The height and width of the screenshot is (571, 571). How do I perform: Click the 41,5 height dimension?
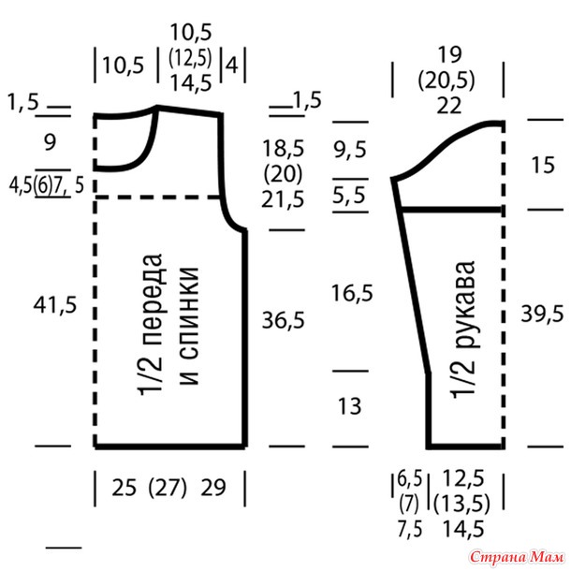[55, 305]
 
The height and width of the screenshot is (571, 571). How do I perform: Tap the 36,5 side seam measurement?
[284, 321]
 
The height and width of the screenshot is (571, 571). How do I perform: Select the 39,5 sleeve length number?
[542, 314]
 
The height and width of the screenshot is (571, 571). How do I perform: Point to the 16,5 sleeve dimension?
[352, 293]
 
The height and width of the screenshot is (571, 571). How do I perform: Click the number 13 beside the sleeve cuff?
[350, 406]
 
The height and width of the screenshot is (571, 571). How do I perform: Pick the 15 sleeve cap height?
[543, 165]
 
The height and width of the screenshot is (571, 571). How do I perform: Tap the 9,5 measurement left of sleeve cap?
[350, 150]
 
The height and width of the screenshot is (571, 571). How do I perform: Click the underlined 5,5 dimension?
[349, 195]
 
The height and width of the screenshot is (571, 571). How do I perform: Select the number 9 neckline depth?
[50, 142]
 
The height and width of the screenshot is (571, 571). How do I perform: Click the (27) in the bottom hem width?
[168, 488]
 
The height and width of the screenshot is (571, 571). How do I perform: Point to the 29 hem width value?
[213, 488]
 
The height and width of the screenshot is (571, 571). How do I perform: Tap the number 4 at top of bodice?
[232, 66]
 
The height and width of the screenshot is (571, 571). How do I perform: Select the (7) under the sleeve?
[409, 504]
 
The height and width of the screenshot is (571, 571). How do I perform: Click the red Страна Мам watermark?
[517, 557]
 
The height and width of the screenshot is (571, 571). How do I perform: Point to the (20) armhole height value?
[283, 174]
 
